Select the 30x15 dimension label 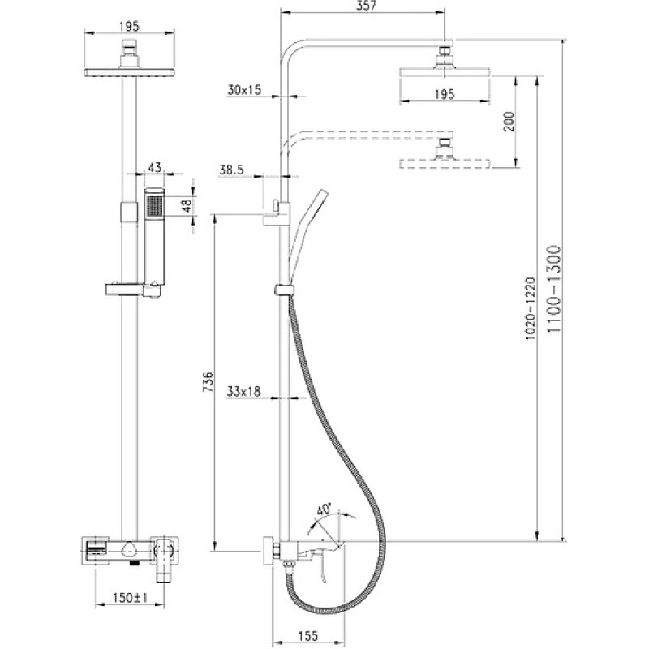244,90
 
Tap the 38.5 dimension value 232,170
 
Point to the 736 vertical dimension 208,381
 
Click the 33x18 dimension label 244,391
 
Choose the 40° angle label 324,509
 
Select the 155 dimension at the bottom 307,635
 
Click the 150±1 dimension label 131,598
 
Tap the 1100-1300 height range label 553,289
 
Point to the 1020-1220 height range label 531,309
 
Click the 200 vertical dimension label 509,121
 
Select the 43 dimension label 154,168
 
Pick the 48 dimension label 187,206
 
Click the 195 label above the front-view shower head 130,27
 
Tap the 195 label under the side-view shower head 445,94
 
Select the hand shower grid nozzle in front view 156,205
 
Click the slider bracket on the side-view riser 283,290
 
